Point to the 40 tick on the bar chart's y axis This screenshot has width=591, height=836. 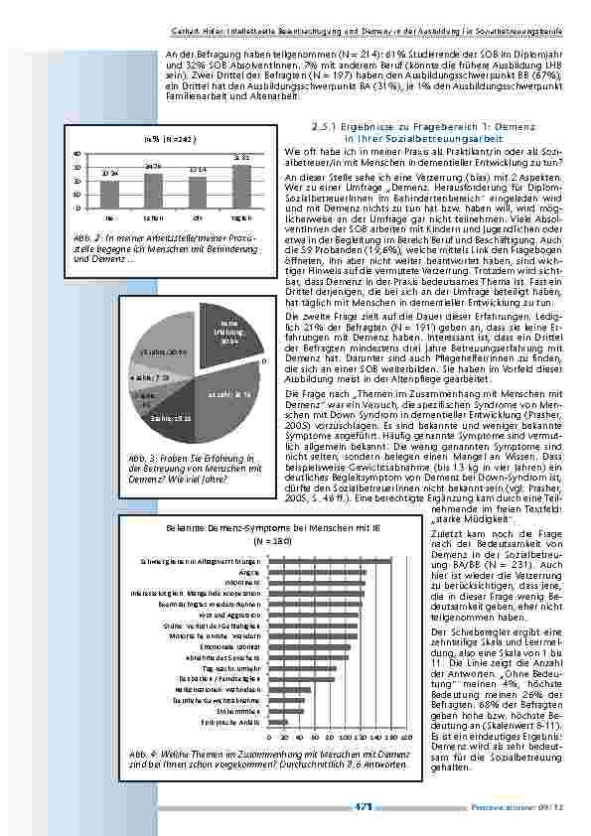pos(77,153)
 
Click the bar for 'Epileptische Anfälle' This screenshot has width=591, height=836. pos(278,722)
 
